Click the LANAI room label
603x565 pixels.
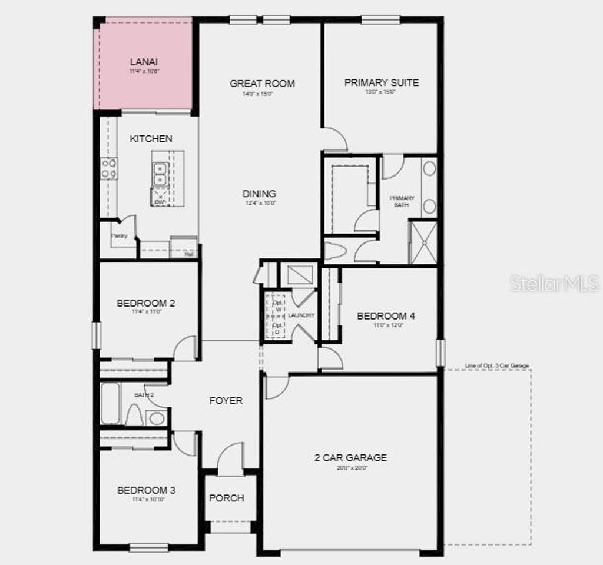click(144, 61)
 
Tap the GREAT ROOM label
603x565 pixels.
click(262, 84)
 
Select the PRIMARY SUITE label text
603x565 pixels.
click(382, 82)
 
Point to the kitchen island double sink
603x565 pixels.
click(160, 174)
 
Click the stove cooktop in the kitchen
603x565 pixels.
click(108, 168)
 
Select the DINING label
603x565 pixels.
click(259, 194)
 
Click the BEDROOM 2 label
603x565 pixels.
click(146, 304)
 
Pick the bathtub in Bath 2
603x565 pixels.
click(110, 403)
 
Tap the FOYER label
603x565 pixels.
click(226, 401)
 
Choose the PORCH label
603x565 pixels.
click(227, 498)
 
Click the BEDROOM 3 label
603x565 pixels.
click(146, 490)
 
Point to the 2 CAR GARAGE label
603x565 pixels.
click(351, 457)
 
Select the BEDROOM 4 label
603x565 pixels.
click(386, 316)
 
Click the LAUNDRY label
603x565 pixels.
click(301, 315)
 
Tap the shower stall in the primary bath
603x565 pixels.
click(423, 242)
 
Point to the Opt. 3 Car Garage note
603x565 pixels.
click(497, 366)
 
